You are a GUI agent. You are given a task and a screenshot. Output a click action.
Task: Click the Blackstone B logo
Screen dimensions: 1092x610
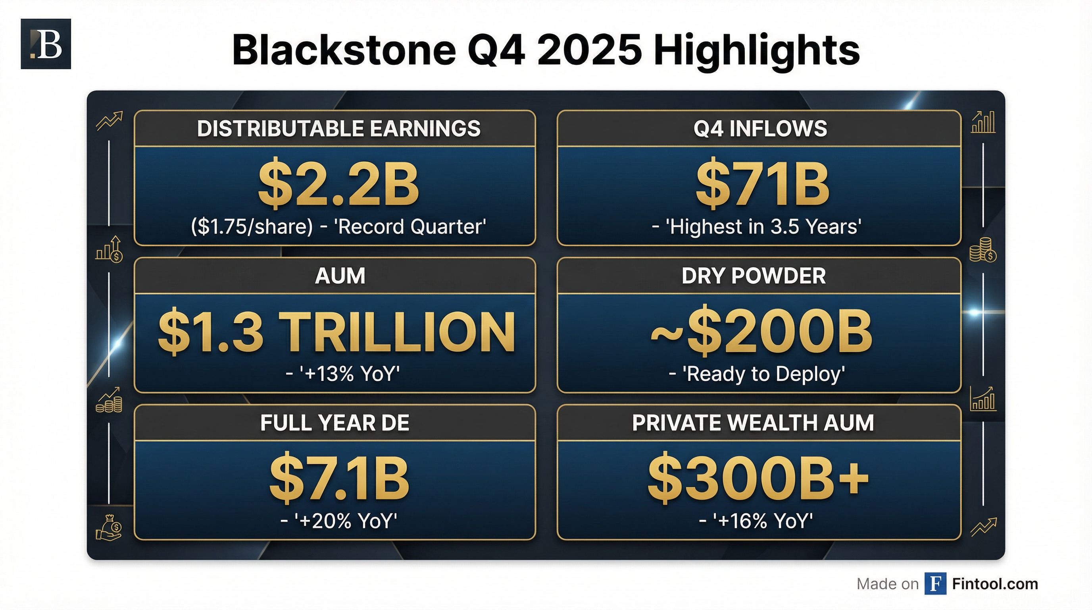pos(46,44)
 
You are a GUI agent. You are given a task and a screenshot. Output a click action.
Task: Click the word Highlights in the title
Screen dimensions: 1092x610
pos(756,51)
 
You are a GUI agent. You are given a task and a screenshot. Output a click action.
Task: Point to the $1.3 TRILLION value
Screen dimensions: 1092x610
pos(336,331)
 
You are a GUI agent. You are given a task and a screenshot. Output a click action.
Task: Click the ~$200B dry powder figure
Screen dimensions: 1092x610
pos(761,331)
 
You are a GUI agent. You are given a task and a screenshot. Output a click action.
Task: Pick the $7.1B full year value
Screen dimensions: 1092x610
pos(339,479)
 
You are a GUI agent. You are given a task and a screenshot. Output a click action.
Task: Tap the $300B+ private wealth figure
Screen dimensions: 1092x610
pos(758,479)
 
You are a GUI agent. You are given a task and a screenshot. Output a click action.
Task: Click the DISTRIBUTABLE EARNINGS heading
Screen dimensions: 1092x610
pos(339,129)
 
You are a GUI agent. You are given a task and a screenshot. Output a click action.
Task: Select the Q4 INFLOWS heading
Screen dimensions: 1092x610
pos(760,129)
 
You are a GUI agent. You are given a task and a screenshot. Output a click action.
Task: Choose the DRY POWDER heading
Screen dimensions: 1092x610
pos(754,276)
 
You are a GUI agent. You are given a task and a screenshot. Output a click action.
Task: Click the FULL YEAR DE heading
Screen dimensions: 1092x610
pos(335,423)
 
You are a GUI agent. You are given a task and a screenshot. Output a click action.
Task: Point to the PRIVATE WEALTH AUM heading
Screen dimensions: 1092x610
pos(753,423)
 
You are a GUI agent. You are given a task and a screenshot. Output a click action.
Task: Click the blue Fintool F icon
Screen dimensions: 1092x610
pos(936,584)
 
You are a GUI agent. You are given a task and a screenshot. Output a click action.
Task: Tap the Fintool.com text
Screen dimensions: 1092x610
pos(995,584)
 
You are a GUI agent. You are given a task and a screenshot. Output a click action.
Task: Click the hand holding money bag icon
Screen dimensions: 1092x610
pos(109,528)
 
